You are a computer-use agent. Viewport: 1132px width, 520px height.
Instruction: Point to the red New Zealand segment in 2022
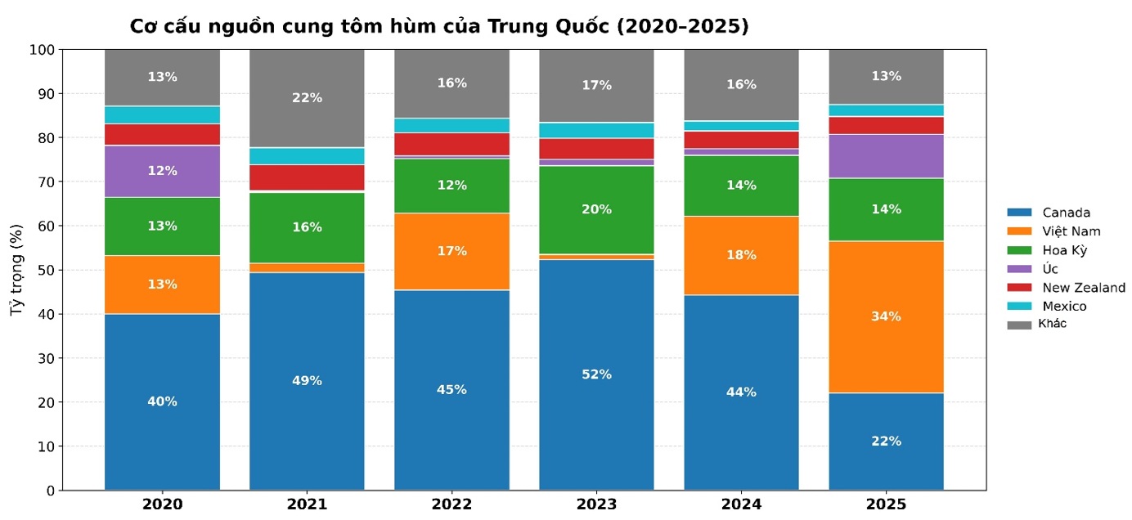[x=451, y=144]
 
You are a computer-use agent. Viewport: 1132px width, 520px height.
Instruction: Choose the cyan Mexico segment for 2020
[x=162, y=114]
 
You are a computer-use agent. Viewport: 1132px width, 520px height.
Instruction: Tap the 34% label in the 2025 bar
[x=886, y=316]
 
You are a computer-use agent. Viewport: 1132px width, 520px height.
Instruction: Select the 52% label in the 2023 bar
[x=596, y=374]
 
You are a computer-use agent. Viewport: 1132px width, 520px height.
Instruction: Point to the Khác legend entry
[x=1052, y=324]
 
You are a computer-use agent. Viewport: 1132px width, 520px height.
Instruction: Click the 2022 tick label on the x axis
[x=451, y=504]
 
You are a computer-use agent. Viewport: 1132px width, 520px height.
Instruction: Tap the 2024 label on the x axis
[x=741, y=504]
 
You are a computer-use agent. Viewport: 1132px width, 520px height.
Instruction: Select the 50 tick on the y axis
[x=46, y=270]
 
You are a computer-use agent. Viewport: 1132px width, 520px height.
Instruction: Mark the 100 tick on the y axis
[x=43, y=50]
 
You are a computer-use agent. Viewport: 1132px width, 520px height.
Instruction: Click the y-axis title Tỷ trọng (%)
[x=16, y=269]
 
